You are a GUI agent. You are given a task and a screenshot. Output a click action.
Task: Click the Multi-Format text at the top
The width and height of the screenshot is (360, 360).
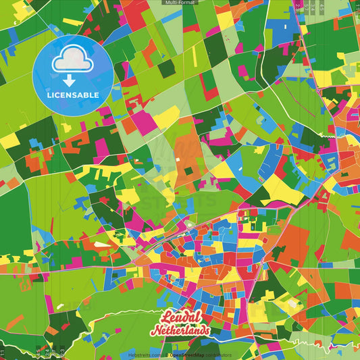[x=180, y=3]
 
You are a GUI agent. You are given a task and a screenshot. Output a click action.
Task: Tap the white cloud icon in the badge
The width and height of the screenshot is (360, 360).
[x=74, y=59]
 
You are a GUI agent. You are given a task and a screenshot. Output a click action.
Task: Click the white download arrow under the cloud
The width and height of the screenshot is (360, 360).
[x=74, y=80]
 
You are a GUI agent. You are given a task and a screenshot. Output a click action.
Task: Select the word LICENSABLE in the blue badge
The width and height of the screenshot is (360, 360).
[x=74, y=95]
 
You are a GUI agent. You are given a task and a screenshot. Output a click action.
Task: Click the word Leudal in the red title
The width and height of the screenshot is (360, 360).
[x=180, y=317]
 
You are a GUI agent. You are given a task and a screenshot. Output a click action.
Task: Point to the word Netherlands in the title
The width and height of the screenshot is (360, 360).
[x=180, y=331]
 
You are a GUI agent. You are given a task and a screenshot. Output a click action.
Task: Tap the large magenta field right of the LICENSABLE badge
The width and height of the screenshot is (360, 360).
[x=143, y=122]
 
